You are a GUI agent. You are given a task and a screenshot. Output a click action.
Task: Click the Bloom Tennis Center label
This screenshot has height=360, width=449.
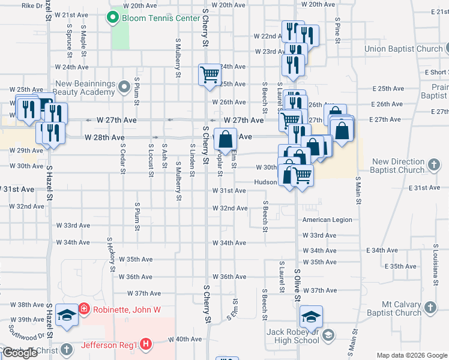160,18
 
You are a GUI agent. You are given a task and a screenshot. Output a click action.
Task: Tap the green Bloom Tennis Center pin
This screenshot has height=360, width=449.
112,18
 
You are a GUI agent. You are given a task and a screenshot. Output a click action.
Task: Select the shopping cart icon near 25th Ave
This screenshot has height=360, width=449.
209,75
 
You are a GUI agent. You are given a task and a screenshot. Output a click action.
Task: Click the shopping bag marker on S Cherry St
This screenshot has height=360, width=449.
225,140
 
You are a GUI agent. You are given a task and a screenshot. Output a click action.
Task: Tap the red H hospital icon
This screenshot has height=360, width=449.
145,344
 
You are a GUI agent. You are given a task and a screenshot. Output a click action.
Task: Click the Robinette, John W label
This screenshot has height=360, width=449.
124,310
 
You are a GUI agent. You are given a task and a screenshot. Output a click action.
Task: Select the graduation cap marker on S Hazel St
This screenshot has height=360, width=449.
67,315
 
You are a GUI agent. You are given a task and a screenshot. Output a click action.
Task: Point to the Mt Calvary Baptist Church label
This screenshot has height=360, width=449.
393,308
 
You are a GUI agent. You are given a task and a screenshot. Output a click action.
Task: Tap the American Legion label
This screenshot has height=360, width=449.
327,220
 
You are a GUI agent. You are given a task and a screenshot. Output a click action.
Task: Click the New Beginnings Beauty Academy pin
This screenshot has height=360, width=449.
124,88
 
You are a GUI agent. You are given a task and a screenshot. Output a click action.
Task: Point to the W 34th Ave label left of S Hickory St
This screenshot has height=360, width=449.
73,243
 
